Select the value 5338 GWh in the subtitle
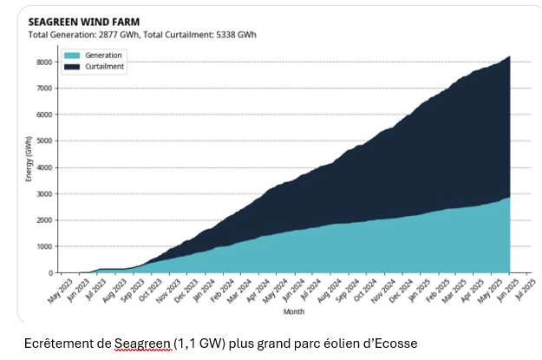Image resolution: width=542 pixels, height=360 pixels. click(232, 35)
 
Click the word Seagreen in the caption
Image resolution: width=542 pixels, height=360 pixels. click(138, 344)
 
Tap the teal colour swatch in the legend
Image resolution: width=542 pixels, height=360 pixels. click(73, 56)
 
